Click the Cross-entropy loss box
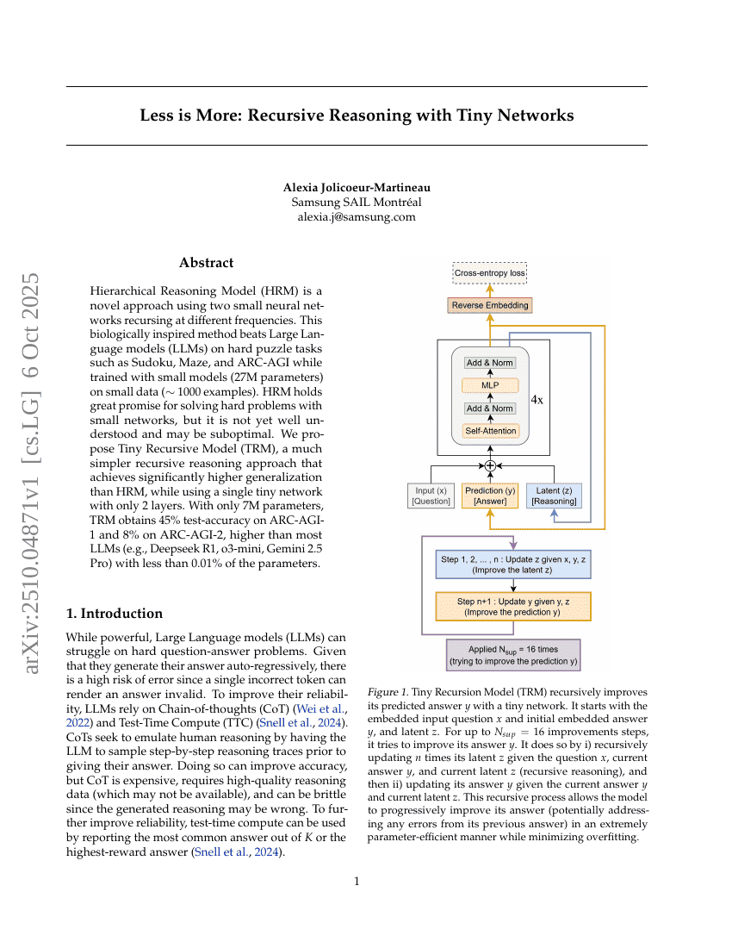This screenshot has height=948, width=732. coord(489,273)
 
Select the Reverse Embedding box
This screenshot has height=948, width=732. coord(489,305)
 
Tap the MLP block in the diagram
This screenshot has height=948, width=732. coord(489,385)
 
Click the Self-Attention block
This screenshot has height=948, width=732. coord(489,430)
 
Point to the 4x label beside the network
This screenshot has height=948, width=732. coord(537,400)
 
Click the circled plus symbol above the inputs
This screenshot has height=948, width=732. coord(490,465)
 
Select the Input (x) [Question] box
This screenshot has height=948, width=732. coord(431,496)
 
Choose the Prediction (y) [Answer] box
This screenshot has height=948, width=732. coord(490,496)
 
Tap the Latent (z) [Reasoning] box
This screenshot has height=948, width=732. coord(554,496)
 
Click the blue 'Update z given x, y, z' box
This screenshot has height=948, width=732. coord(513,564)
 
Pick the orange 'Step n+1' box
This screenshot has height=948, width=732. coord(513,607)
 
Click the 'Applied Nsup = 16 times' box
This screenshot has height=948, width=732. coord(513,655)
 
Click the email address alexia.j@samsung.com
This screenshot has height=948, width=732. coord(357,217)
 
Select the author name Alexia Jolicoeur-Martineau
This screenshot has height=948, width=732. coord(357,187)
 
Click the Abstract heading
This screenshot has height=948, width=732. coord(206,263)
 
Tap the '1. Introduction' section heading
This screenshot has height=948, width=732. coord(115,614)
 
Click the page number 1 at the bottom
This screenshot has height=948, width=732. coord(357,881)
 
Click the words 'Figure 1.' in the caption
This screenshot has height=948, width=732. coord(387,692)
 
